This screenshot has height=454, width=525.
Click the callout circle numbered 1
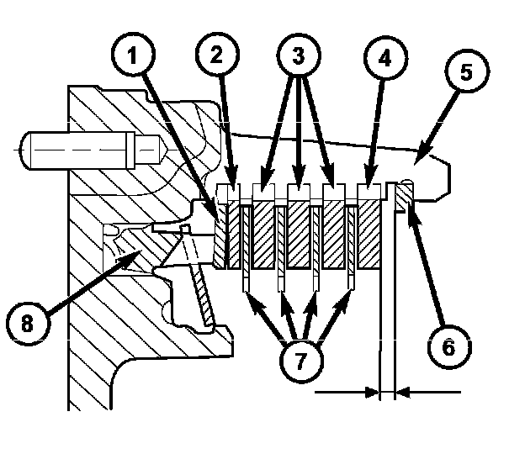click(x=133, y=55)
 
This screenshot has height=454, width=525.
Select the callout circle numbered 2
click(x=218, y=55)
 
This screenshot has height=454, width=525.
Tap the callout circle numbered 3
click(x=299, y=55)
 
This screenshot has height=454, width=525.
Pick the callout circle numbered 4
click(x=385, y=57)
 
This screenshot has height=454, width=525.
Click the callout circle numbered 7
click(x=301, y=361)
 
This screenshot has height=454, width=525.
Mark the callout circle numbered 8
click(x=28, y=323)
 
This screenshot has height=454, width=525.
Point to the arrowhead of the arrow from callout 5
click(x=422, y=155)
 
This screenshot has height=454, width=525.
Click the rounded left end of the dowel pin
click(x=22, y=150)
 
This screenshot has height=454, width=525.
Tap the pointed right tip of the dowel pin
click(x=167, y=150)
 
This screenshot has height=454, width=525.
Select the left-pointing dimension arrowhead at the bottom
click(x=402, y=392)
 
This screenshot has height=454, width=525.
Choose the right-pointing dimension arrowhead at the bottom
click(x=373, y=392)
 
